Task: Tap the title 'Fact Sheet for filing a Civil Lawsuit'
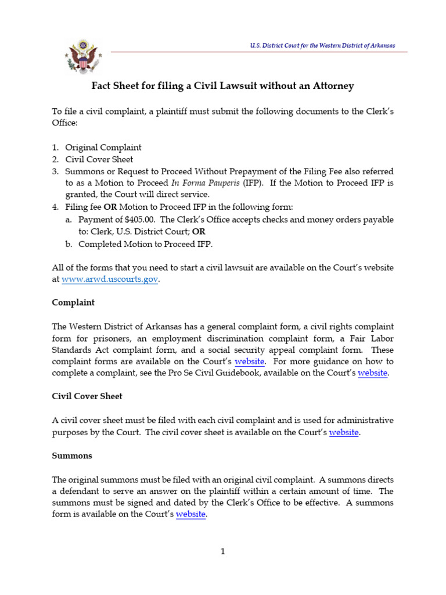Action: coord(223,86)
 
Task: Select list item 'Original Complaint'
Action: coord(103,148)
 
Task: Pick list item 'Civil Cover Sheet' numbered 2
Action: coord(99,159)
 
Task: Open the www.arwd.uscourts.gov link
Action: coord(110,279)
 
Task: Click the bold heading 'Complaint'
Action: coord(73,303)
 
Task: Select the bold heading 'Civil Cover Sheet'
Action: coord(87,396)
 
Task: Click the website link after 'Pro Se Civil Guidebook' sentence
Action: coord(372,373)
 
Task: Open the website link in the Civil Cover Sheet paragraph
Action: coord(344,432)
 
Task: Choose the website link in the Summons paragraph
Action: coord(190,514)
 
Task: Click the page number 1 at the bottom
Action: coord(222,551)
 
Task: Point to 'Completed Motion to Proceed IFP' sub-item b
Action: coord(145,244)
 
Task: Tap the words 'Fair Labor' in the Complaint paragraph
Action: coord(373,338)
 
